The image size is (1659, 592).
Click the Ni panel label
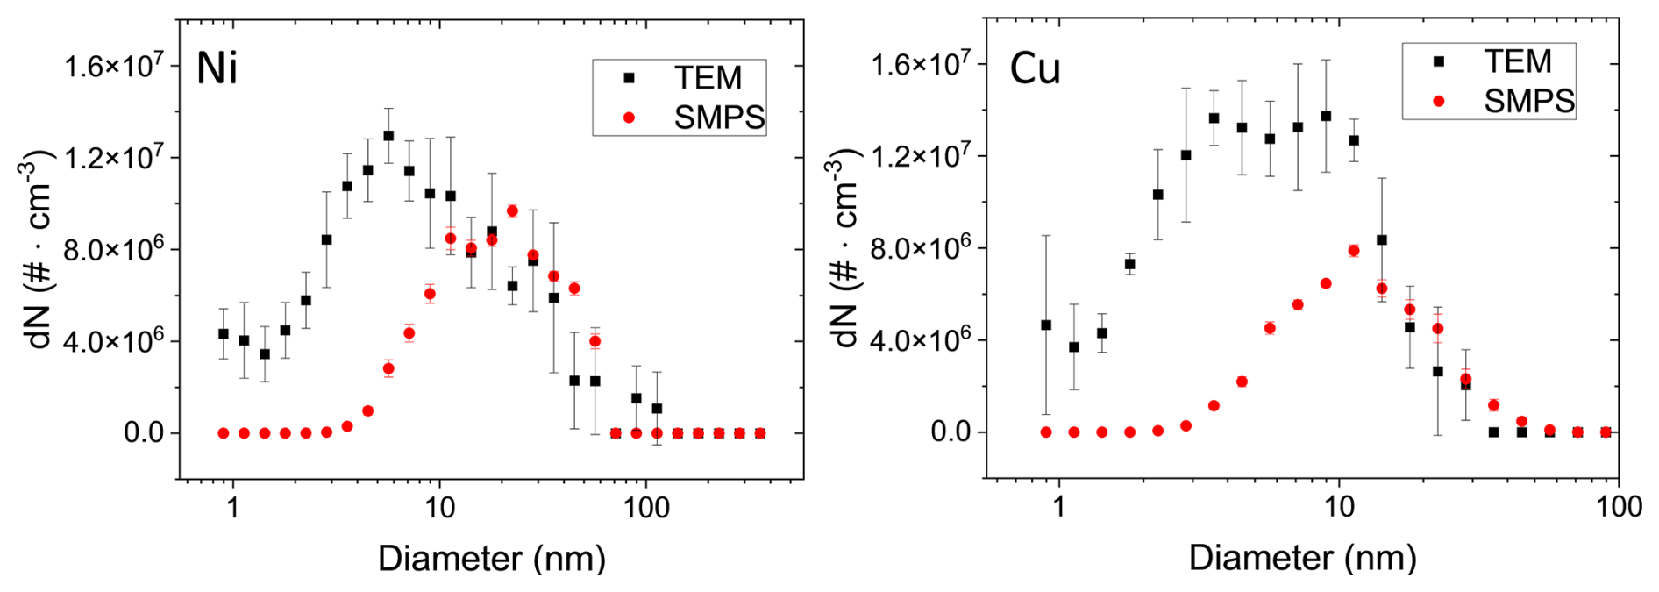coord(217,68)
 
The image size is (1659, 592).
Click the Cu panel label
coord(1035,68)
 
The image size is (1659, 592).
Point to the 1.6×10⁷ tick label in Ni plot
coord(113,66)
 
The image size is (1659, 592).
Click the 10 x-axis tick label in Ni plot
coord(439,508)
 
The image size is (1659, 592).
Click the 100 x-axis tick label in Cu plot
coord(1618,507)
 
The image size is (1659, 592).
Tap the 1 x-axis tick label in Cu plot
coord(1059,507)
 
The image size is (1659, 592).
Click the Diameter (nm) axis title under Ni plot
coord(491,559)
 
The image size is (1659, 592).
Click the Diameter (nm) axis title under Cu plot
coord(1302,559)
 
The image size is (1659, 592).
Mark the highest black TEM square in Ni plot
coord(388,136)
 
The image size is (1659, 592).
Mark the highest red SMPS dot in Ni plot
coord(512,210)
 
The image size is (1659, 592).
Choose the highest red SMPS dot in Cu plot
coord(1353,251)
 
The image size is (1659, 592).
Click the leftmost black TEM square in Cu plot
coord(1046,325)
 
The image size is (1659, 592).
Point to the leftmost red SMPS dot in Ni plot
coord(224,433)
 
